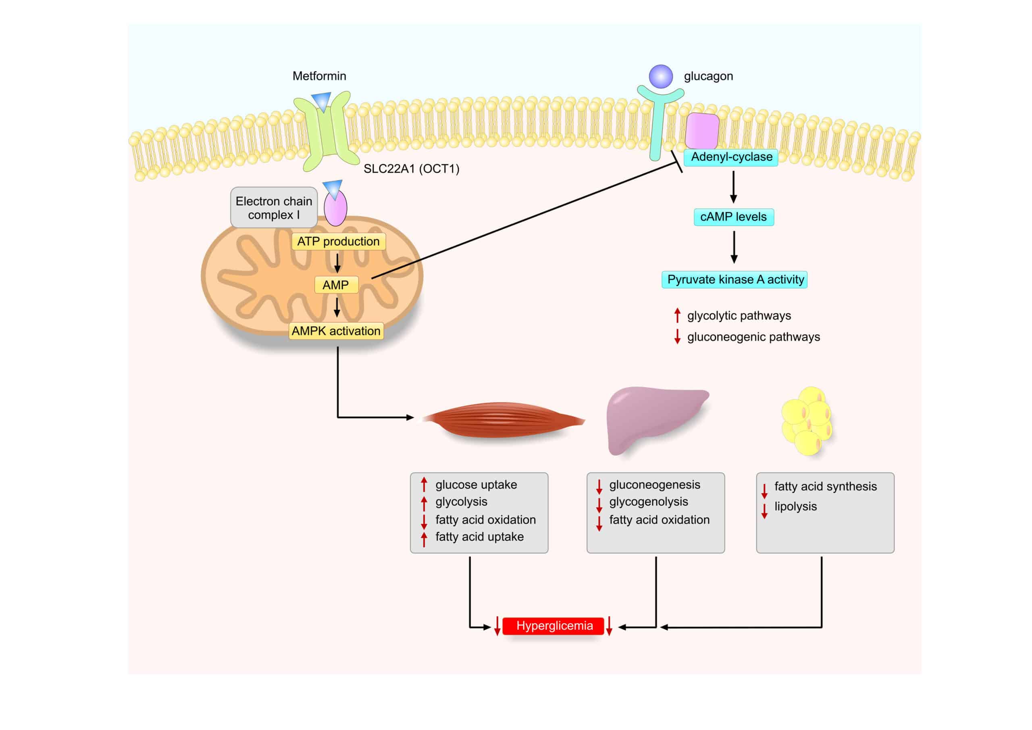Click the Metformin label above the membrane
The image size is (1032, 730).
(319, 76)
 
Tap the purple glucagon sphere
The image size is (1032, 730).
(661, 77)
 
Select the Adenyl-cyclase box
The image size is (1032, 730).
(731, 157)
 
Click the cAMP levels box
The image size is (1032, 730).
(734, 217)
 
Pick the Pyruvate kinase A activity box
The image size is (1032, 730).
(735, 279)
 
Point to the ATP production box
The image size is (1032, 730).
(338, 242)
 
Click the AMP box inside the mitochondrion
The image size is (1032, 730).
(336, 285)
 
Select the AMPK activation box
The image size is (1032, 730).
(336, 331)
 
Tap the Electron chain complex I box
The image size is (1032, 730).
(274, 208)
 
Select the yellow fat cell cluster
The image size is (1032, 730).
(807, 421)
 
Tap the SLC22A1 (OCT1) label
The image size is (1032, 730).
(411, 169)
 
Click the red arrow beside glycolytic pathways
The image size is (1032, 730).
(677, 315)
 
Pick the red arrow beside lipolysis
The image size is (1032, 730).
(764, 511)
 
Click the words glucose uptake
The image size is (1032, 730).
(476, 485)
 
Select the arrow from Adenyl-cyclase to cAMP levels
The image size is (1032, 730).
(734, 187)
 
